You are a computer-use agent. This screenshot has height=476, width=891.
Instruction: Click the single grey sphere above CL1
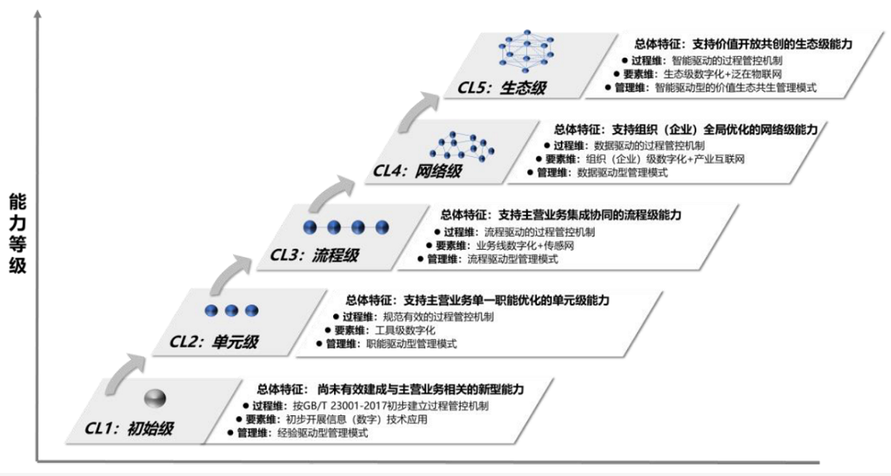(155, 398)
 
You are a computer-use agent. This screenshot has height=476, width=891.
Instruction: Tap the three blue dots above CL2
(230, 311)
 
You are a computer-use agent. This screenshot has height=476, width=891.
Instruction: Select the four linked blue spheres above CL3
(345, 227)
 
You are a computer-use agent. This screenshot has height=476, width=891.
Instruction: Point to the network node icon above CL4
(461, 144)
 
